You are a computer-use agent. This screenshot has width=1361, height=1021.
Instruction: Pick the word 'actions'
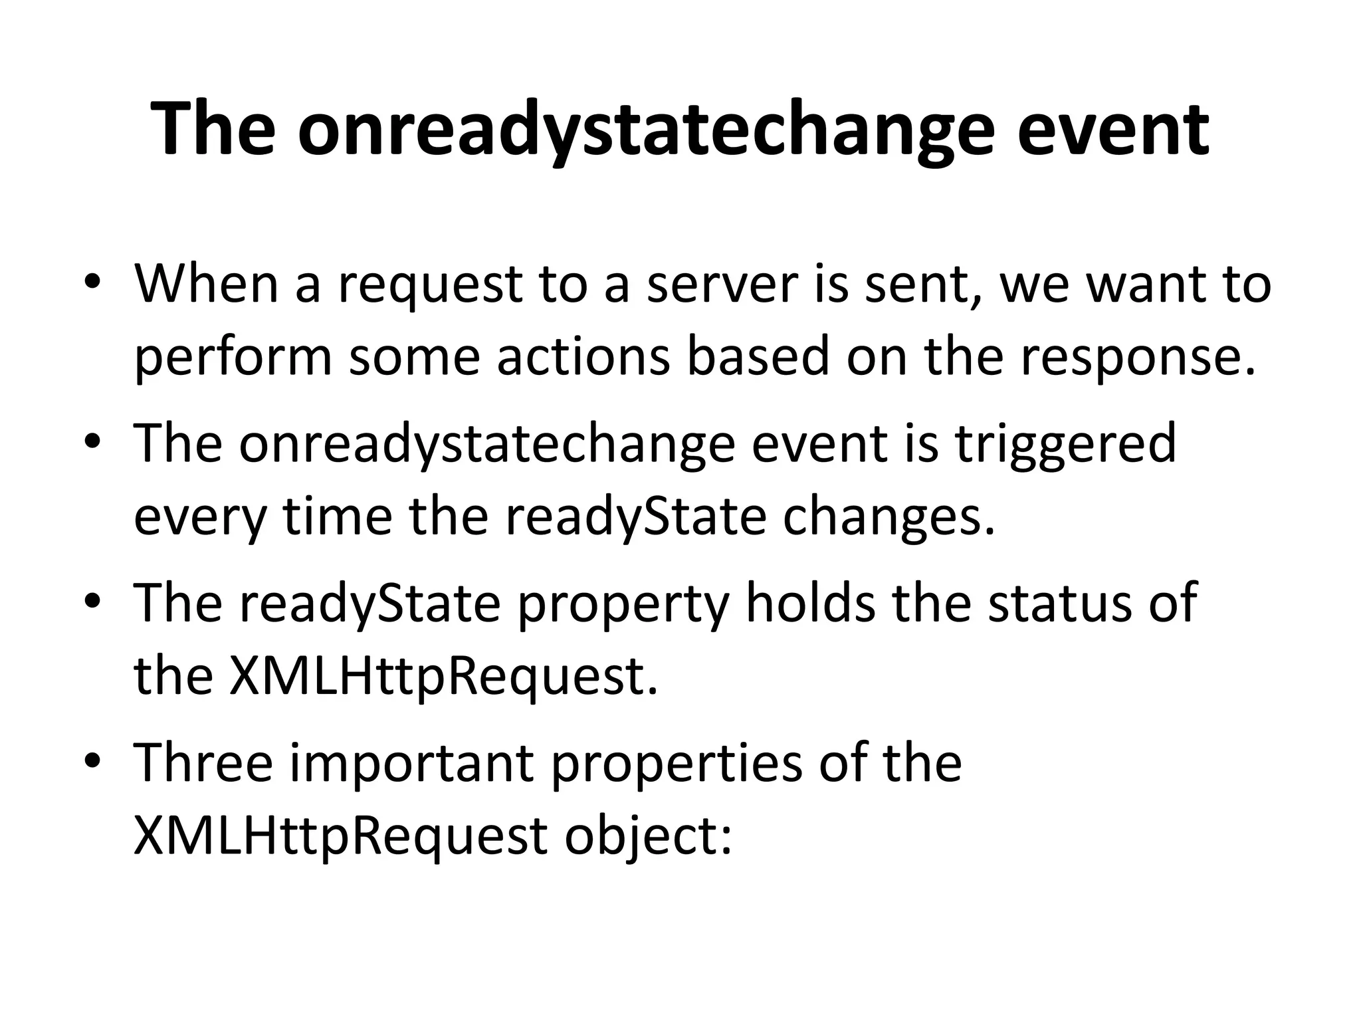coord(583,357)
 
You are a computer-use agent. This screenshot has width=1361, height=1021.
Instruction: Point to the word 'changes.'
coord(889,516)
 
